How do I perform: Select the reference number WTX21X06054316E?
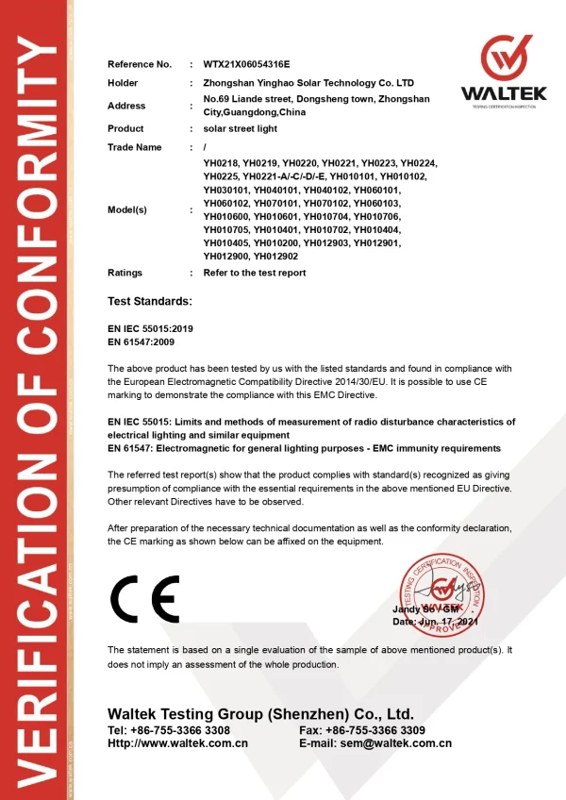[247, 64]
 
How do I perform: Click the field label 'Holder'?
[123, 83]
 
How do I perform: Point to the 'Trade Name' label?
[135, 147]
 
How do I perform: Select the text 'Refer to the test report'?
[255, 273]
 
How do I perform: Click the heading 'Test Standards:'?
[150, 301]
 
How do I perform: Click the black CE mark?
[144, 594]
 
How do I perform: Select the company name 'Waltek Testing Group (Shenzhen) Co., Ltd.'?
[260, 713]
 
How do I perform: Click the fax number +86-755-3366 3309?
[376, 730]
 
